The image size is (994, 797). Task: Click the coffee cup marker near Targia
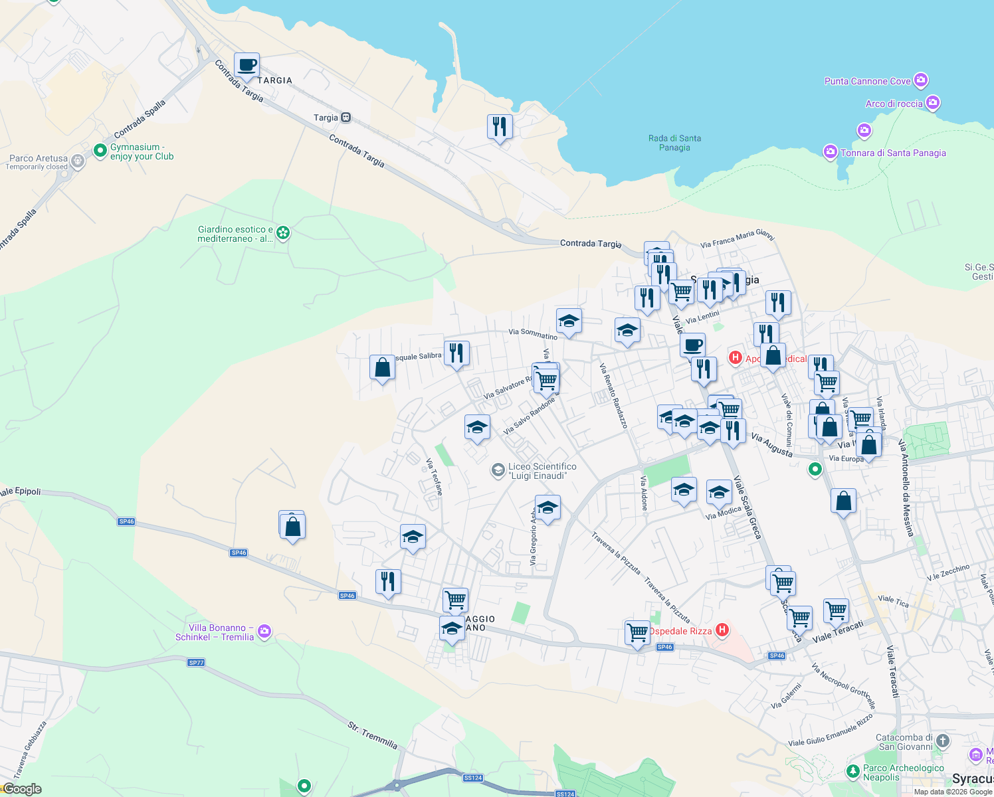247,66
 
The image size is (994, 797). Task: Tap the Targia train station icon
346,118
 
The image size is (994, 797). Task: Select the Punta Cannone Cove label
867,81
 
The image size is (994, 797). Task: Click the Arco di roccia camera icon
932,103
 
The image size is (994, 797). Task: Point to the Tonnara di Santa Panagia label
892,153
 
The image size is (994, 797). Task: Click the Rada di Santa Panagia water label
674,143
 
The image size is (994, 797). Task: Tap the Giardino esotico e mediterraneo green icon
283,233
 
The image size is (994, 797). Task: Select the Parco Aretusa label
38,159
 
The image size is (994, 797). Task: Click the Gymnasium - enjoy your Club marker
100,151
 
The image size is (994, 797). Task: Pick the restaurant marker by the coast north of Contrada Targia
499,126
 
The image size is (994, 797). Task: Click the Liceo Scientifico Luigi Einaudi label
542,471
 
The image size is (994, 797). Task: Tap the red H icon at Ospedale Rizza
722,630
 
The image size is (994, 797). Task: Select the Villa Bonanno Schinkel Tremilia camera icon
264,631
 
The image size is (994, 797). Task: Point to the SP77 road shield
196,662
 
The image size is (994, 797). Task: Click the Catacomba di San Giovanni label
904,742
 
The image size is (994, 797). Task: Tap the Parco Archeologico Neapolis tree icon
852,771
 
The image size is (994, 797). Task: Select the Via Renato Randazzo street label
613,395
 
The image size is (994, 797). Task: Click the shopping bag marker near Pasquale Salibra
382,367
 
